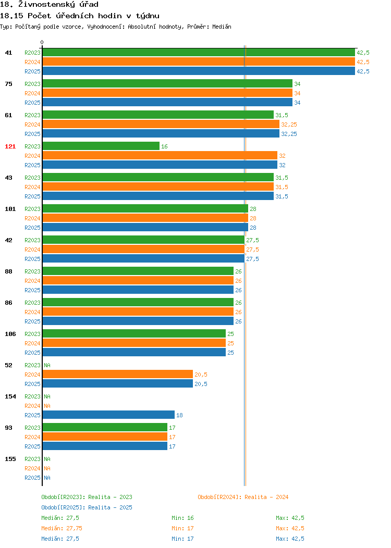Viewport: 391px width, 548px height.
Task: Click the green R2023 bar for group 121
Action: (101, 146)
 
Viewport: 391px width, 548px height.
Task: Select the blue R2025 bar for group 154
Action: (108, 415)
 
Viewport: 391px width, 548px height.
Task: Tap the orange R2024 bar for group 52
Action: (117, 375)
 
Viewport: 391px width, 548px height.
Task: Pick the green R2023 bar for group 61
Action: (158, 115)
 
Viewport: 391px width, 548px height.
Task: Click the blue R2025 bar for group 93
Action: (105, 446)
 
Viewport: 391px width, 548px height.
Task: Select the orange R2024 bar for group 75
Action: (167, 93)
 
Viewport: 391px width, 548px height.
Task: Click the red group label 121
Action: (10, 146)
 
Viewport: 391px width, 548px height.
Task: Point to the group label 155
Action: (10, 459)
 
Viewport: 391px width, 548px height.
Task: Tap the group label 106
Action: (10, 334)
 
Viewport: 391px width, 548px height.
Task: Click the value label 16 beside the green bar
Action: (164, 146)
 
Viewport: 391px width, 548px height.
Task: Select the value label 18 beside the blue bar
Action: (179, 415)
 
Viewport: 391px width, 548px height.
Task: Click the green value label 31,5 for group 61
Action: (282, 115)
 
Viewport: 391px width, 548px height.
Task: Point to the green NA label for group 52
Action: (47, 365)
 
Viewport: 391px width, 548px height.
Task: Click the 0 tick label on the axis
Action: (42, 42)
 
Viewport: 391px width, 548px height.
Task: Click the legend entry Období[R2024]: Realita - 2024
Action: (243, 497)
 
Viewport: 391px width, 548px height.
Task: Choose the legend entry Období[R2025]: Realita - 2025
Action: (87, 507)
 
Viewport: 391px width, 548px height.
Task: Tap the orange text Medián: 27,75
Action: (62, 528)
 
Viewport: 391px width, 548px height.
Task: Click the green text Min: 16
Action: (182, 518)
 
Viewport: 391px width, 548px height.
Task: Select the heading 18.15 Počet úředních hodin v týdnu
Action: (80, 16)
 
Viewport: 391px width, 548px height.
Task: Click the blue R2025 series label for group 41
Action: (32, 71)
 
